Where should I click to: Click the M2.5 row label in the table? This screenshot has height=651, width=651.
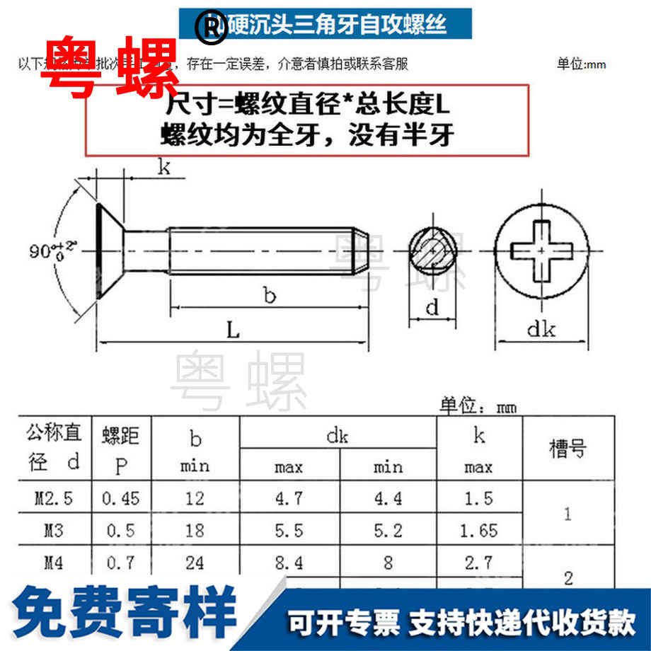[54, 499]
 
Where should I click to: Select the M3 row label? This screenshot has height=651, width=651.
[54, 530]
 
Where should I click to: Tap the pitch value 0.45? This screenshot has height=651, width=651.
[121, 499]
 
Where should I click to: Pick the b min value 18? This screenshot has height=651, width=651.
[195, 530]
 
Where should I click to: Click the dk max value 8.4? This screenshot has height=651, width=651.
[289, 562]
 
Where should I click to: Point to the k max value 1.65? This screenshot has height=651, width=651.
[478, 530]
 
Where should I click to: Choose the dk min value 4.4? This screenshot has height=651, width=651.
[388, 499]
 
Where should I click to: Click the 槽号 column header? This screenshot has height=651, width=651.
[568, 449]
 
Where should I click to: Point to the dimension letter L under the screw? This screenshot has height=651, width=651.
[233, 330]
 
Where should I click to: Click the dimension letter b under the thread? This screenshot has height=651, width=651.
[270, 294]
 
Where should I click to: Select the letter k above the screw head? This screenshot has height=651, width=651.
[163, 168]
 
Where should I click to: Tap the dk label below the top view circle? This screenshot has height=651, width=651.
[541, 329]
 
